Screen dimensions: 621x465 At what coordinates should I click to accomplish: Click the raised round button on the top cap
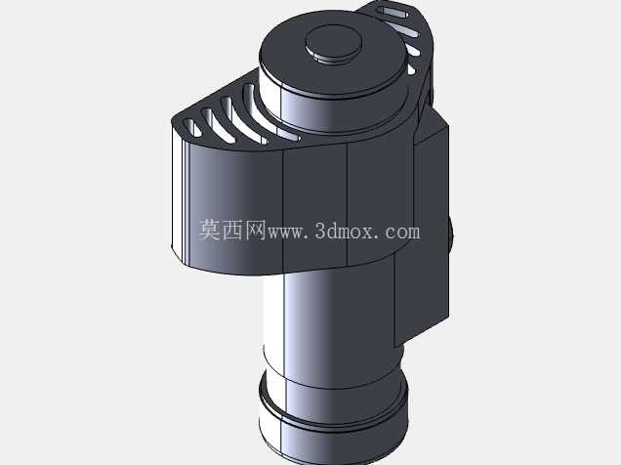point(333,43)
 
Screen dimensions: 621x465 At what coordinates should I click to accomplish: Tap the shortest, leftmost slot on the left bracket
point(191,128)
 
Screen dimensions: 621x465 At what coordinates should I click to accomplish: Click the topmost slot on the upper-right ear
point(393,13)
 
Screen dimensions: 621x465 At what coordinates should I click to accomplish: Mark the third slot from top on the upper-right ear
point(413,49)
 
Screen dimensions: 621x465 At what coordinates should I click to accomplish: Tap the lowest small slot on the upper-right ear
point(412,69)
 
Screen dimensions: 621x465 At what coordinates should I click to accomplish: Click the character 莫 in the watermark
point(209,230)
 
